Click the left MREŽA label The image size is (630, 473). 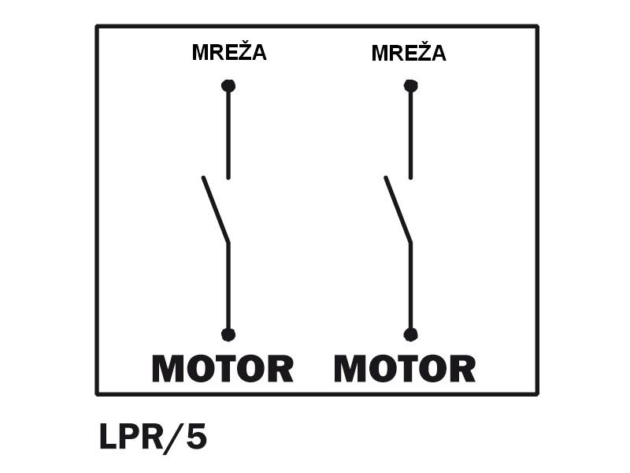[x=229, y=53]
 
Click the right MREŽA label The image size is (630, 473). [x=409, y=54]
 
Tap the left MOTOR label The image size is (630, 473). [x=223, y=369]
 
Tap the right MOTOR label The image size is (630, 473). [x=405, y=369]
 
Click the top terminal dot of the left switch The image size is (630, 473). [x=228, y=85]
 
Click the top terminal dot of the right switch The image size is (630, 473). [x=410, y=85]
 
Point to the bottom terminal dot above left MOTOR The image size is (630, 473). [x=228, y=334]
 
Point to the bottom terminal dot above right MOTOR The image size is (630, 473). [x=410, y=334]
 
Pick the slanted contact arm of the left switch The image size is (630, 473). [x=216, y=210]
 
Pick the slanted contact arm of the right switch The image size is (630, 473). [x=398, y=210]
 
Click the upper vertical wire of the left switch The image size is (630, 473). [x=228, y=134]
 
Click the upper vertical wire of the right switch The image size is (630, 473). [x=410, y=134]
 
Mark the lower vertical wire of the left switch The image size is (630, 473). [x=228, y=288]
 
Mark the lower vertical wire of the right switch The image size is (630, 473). [x=410, y=288]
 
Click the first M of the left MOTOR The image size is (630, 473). [x=169, y=369]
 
